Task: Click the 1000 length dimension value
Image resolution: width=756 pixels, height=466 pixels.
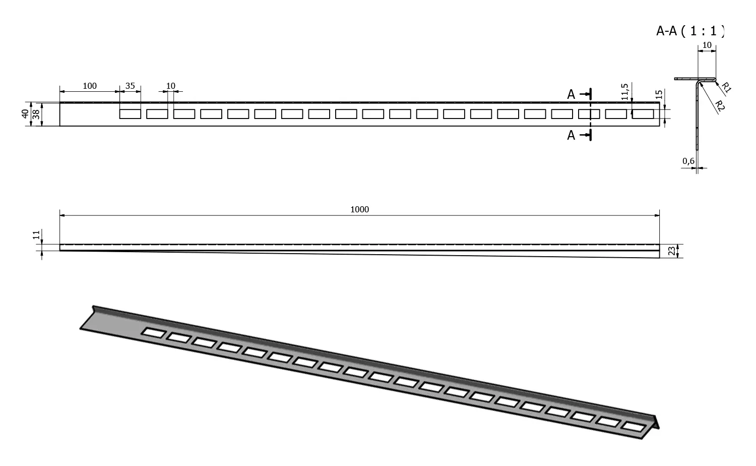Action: point(359,209)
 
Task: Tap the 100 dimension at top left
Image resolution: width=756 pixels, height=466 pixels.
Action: point(89,86)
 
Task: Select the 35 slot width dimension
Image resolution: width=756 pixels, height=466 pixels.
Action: point(130,86)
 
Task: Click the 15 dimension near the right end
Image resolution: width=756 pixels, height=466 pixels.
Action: point(658,95)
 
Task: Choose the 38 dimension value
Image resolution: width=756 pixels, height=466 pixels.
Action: point(35,113)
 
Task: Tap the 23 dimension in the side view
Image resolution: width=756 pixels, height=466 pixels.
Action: point(671,251)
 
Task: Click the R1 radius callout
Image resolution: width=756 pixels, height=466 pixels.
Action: point(726,87)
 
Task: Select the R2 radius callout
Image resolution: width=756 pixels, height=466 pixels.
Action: point(720,106)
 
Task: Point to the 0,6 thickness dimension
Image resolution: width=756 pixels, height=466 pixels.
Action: point(688,161)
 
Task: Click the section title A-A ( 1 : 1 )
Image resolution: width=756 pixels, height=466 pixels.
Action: point(690,31)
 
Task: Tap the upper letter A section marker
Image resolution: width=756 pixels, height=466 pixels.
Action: point(571,94)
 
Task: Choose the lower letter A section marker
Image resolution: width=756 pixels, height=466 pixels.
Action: point(571,135)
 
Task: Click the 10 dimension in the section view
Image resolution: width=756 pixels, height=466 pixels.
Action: point(707,45)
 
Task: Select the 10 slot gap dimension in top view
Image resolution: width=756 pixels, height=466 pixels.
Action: point(171,86)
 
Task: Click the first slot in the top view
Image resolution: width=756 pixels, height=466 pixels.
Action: point(130,114)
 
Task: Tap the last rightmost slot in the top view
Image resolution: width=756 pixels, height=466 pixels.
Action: point(643,114)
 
